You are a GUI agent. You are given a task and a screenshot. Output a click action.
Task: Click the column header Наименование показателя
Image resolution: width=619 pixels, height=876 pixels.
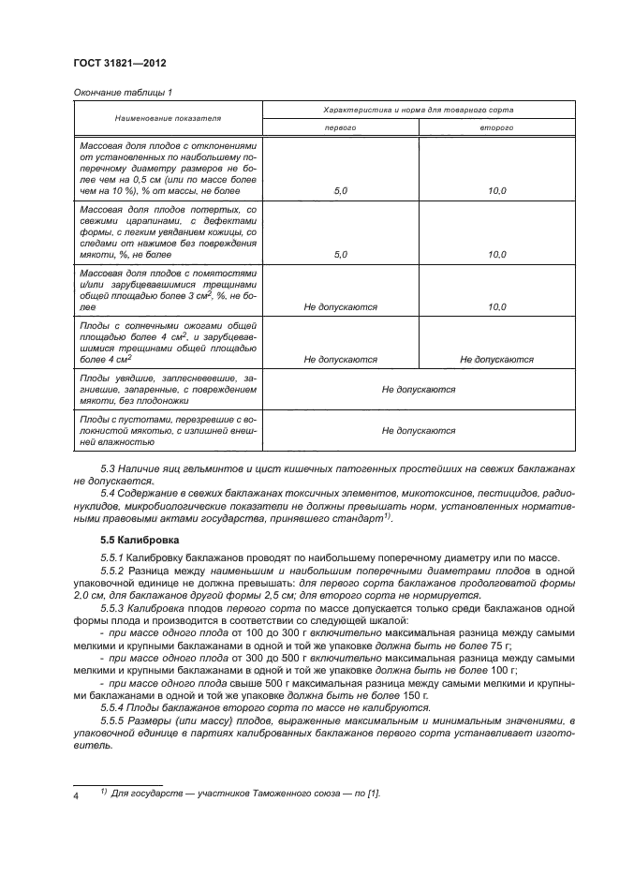168,120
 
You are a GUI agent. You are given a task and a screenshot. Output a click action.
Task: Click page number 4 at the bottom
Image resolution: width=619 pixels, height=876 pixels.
77,794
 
